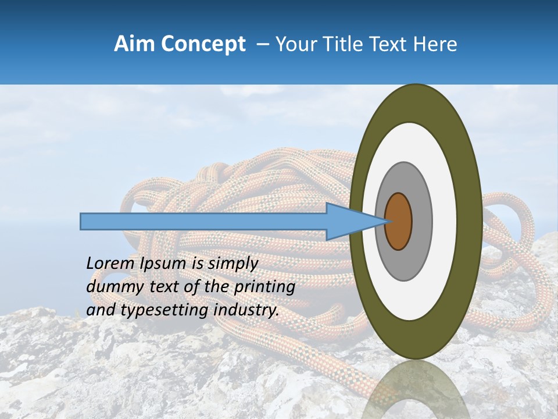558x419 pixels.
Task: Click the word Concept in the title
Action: [203, 44]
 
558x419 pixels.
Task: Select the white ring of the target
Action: [445, 222]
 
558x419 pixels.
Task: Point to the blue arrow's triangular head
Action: [349, 222]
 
